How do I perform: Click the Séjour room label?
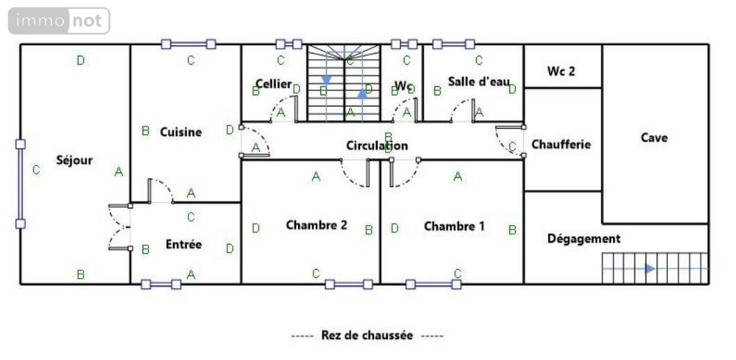(74, 161)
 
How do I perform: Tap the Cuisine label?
(181, 132)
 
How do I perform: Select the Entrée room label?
(183, 245)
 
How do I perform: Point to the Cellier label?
(273, 83)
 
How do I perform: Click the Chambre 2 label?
(316, 225)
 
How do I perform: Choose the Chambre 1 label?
(455, 226)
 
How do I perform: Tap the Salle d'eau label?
(479, 81)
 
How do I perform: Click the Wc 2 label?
(562, 71)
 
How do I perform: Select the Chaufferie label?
(561, 145)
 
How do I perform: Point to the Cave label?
(654, 138)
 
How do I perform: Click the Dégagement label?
(584, 238)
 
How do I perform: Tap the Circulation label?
(377, 146)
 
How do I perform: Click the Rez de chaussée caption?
(367, 336)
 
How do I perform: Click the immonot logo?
(59, 21)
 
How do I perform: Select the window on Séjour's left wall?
(20, 183)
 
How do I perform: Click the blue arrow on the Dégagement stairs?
(650, 268)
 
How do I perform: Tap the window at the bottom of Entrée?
(161, 284)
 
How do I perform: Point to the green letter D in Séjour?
(81, 60)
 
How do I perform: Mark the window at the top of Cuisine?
(188, 44)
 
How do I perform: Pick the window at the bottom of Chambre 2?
(349, 284)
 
